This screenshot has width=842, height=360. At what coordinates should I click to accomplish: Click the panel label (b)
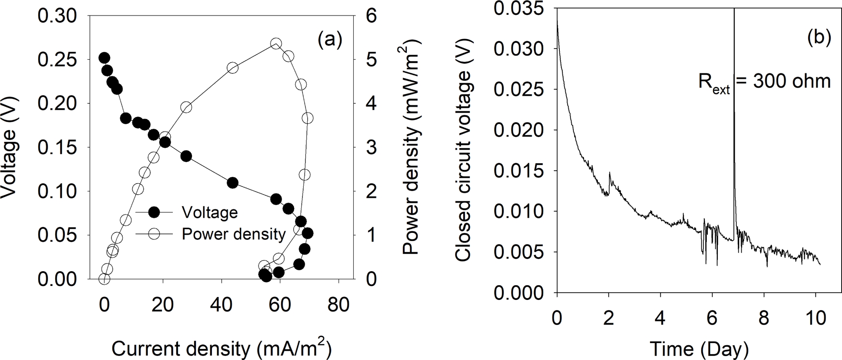coord(819,37)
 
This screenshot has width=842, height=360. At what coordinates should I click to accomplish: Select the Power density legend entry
coord(233,234)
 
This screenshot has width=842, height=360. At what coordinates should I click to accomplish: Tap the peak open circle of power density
coord(276,44)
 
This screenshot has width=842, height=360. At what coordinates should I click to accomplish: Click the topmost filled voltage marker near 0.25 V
coord(104,58)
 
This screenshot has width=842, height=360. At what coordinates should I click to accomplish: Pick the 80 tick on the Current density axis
coord(339,305)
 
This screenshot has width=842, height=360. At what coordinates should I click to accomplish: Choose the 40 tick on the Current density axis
coord(222,305)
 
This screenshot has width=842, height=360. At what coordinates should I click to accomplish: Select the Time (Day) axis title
coord(699,349)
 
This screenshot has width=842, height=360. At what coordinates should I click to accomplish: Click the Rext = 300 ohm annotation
coord(764,81)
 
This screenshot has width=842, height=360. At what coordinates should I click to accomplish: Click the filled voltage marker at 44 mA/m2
coord(232,183)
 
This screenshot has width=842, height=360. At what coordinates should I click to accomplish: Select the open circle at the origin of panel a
coord(104,279)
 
